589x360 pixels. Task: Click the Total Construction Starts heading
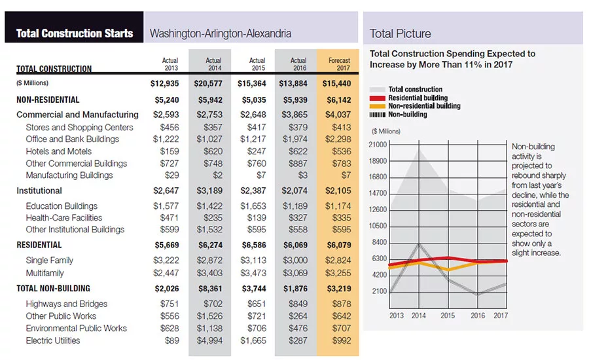click(75, 33)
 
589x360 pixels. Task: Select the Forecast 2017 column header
click(339, 64)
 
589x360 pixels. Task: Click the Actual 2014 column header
click(213, 64)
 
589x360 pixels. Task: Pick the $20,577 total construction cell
click(208, 83)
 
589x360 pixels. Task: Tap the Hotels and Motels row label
click(59, 151)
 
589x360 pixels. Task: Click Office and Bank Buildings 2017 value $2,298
click(338, 139)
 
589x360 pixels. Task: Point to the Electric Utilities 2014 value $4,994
click(209, 340)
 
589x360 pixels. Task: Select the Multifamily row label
click(45, 273)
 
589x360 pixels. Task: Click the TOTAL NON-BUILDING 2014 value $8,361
click(210, 289)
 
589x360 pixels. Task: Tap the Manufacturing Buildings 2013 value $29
click(171, 175)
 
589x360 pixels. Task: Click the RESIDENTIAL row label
click(39, 245)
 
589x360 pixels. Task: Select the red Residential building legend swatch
click(378, 98)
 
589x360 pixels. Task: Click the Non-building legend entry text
click(408, 115)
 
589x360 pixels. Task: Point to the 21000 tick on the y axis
click(378, 145)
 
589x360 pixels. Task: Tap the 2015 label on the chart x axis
click(448, 315)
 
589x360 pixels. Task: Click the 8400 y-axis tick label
click(380, 242)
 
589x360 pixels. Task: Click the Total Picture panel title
click(400, 33)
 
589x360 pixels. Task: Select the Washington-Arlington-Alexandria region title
click(221, 33)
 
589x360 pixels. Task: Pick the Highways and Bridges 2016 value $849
click(298, 304)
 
